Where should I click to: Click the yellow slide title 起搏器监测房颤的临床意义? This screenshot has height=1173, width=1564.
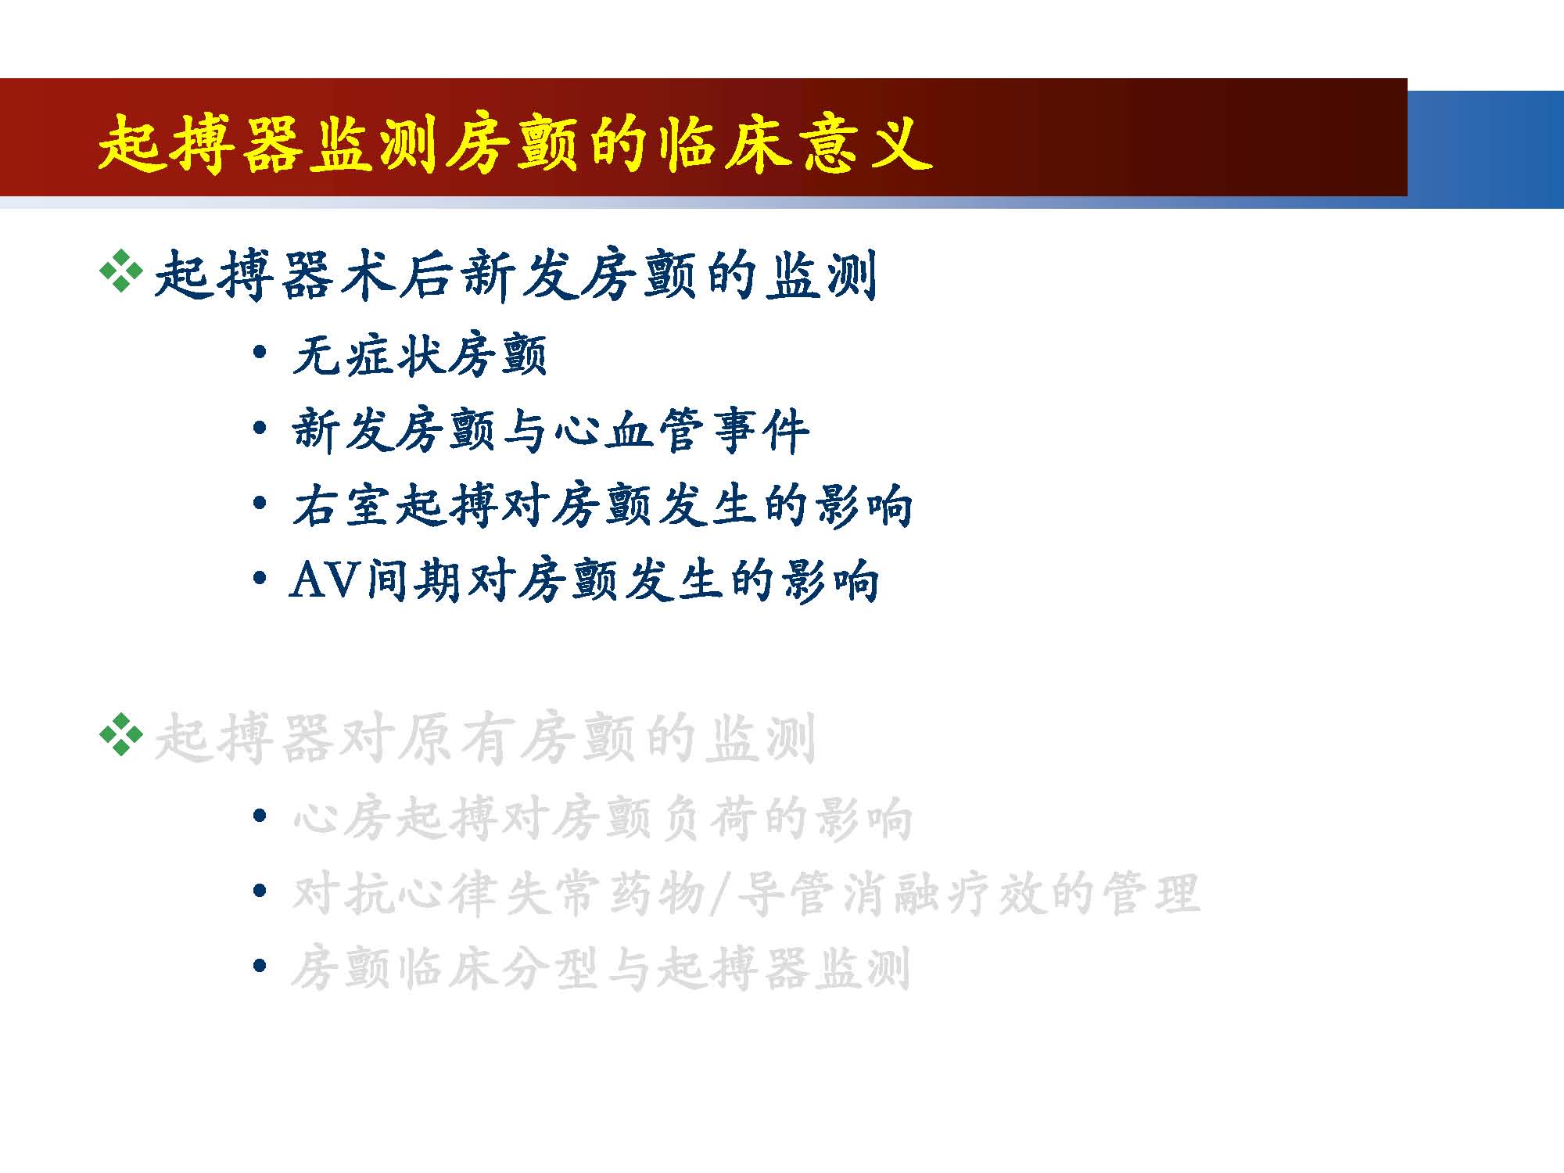(515, 144)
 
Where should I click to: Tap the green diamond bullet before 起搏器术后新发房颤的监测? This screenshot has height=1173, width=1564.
(121, 272)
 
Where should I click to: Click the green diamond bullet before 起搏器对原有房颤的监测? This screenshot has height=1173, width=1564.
(121, 735)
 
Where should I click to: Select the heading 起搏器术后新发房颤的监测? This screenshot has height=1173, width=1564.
(515, 274)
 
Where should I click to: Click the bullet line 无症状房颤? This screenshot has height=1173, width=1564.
(420, 356)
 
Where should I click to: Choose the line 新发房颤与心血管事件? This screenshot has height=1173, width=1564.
(551, 431)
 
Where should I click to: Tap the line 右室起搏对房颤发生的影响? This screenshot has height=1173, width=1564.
(602, 506)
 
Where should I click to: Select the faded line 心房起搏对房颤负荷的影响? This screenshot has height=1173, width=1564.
(602, 819)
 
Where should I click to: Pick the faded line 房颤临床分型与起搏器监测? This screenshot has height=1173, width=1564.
(601, 969)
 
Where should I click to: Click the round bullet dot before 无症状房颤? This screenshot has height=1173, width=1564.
(260, 352)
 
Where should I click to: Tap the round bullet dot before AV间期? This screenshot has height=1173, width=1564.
(260, 579)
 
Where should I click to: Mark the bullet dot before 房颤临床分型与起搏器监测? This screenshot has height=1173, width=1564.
(260, 967)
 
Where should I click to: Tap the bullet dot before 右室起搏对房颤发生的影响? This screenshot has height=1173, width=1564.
(260, 504)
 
